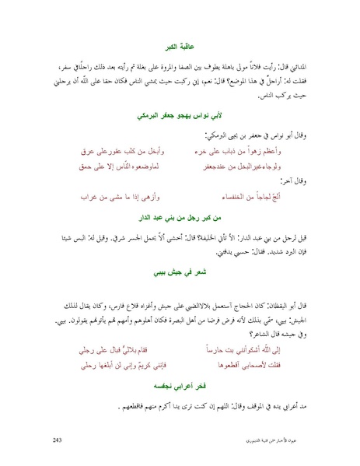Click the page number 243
(57, 441)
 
